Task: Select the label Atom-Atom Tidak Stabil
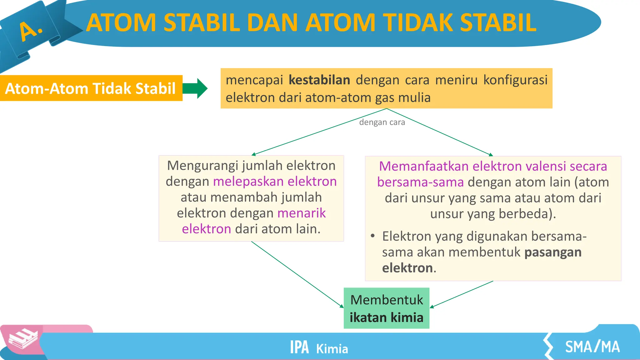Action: [x=90, y=88]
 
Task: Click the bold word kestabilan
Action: [x=319, y=80]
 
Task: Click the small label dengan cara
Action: [x=382, y=122]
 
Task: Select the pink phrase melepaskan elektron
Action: [x=275, y=182]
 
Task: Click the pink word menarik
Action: [x=301, y=213]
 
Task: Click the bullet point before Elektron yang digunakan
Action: [x=372, y=236]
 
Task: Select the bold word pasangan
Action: [x=552, y=252]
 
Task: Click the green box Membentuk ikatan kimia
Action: [x=386, y=308]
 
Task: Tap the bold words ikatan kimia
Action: [x=386, y=317]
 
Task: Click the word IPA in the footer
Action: [x=299, y=347]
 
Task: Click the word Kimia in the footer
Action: [x=332, y=349]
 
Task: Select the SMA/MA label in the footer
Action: [x=592, y=347]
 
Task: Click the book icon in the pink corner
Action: [x=22, y=339]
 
